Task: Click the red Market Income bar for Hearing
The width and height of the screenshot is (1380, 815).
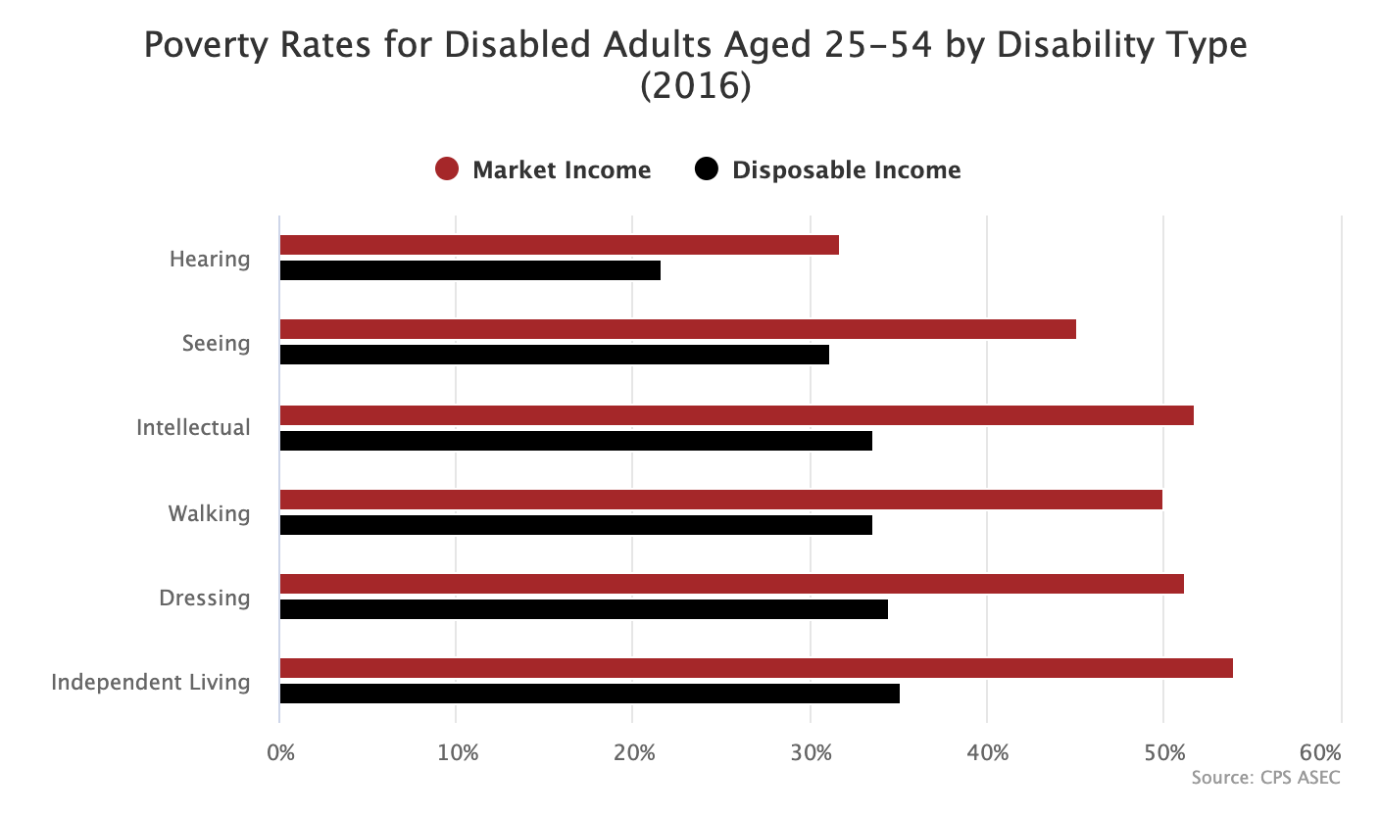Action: tap(559, 245)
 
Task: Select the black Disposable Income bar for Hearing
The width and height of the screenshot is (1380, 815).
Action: tap(469, 270)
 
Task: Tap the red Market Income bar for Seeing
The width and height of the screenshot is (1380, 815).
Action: tap(677, 329)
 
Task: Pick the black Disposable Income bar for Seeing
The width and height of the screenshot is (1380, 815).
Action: tap(554, 355)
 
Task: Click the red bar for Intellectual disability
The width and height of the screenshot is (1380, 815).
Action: tap(736, 415)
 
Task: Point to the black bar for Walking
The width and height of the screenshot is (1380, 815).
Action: tap(575, 525)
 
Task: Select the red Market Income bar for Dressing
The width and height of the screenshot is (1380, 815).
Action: tap(731, 584)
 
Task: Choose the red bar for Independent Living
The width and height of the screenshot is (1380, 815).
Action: tap(756, 668)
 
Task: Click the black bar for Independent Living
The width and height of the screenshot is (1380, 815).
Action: tap(589, 694)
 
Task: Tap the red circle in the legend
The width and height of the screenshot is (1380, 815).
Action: tap(447, 169)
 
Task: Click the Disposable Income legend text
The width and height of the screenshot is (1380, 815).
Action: tap(846, 169)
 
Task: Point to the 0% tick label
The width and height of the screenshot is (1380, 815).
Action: tap(280, 753)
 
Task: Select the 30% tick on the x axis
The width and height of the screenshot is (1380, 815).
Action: tap(811, 753)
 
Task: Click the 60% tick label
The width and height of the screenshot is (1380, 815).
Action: tap(1319, 753)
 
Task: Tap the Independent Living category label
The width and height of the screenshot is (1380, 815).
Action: tap(151, 682)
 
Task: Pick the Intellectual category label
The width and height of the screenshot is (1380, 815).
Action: tap(193, 428)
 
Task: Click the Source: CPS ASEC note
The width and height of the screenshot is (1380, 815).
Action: tap(1265, 778)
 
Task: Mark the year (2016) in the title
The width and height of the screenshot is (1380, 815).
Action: tap(695, 86)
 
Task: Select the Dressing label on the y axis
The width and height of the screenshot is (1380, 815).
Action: tap(204, 598)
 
